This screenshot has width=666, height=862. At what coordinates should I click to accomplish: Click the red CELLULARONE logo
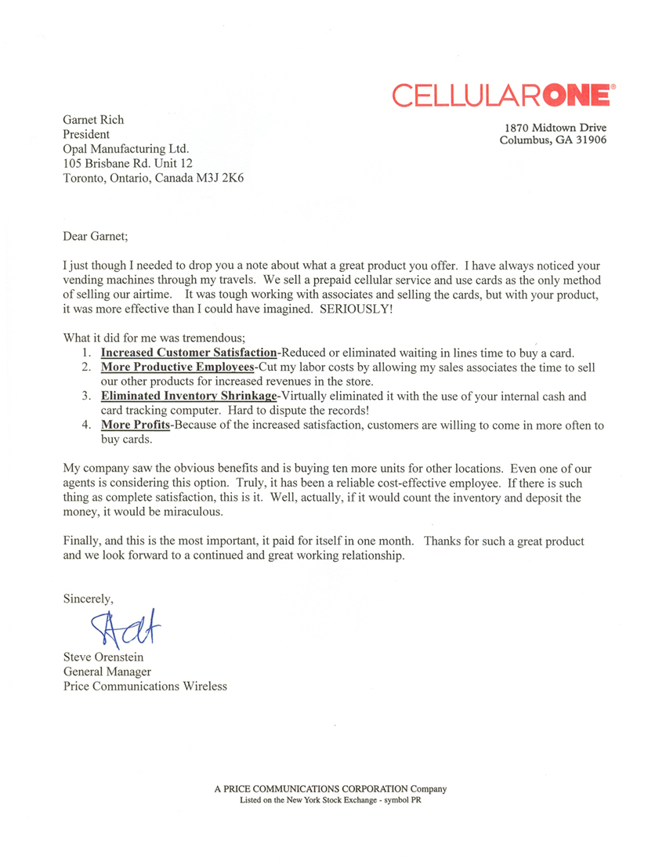(502, 96)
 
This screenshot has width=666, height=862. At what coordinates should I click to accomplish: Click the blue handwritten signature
(125, 625)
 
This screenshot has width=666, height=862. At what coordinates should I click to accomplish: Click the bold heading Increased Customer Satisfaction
(189, 353)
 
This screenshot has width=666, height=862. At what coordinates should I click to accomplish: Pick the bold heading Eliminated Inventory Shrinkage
(189, 397)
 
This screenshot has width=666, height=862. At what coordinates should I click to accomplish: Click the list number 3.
(86, 397)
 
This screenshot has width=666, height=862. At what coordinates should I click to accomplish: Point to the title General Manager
(107, 672)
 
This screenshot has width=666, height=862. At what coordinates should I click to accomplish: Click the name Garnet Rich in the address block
(93, 120)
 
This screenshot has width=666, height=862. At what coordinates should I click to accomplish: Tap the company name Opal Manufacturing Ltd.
(125, 148)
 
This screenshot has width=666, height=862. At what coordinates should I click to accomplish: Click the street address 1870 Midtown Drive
(555, 128)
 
